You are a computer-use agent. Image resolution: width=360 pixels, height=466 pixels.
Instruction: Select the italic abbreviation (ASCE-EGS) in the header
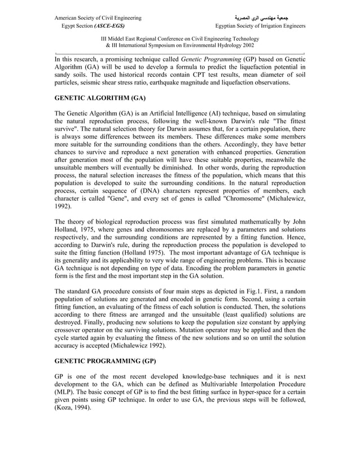[110, 26]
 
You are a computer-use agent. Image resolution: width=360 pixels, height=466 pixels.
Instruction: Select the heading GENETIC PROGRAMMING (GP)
[106, 361]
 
